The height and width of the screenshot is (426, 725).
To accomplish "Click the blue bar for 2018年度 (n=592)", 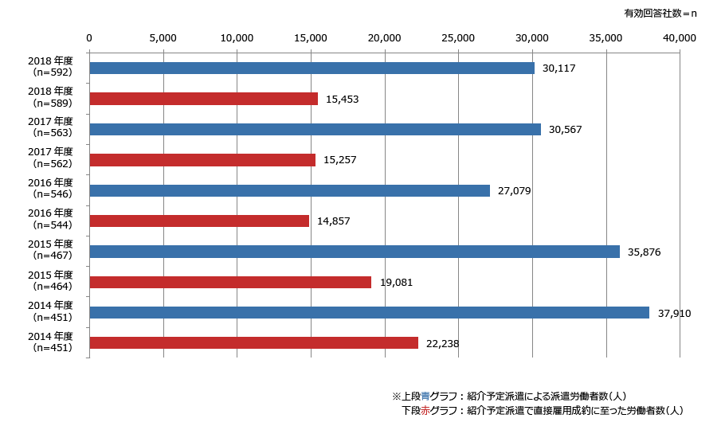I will point(312,68).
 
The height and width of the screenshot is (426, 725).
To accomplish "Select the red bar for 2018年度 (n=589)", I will point(203,99).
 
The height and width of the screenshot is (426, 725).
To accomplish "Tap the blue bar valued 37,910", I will point(369,313).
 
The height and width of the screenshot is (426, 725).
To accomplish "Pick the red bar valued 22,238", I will point(253,343).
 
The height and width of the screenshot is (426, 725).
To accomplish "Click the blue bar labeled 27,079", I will point(289,190).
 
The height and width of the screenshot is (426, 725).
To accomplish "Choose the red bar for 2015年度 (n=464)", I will point(230,282).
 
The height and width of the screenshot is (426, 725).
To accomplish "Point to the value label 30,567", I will point(566,130).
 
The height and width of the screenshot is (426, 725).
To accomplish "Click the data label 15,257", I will point(340,160).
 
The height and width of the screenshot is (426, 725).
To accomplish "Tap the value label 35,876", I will point(645,252).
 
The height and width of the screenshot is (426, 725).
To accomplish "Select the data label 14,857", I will point(334,221).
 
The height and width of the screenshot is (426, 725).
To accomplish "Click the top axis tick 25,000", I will point(458,37).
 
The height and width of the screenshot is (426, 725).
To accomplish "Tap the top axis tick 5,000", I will point(163,37).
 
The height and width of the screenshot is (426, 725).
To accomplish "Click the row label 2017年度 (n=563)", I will point(49,127).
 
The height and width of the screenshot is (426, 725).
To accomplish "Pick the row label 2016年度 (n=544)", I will point(49,219).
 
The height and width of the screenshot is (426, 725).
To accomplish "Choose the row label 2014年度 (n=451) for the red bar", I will point(49,342).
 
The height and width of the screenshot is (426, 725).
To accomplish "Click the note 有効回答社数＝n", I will point(660,13).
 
